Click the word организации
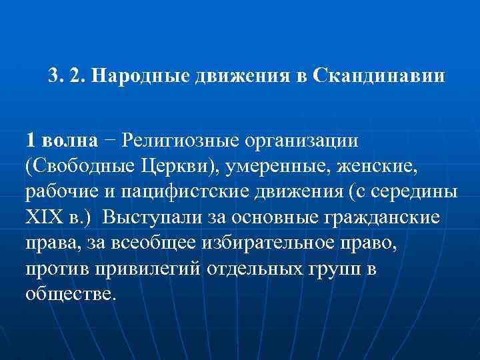(302, 142)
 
